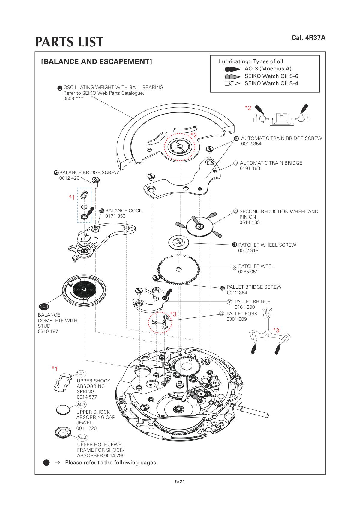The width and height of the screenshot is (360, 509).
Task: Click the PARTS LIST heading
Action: coord(69,42)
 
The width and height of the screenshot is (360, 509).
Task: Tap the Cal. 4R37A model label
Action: coord(308,38)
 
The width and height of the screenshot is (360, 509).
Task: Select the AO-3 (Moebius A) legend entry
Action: coord(268,69)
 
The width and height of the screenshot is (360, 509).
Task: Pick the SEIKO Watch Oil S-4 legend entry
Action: coord(271,83)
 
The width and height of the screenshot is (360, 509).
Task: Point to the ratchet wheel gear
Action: coord(179,269)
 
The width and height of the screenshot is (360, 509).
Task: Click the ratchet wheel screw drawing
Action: coord(178,242)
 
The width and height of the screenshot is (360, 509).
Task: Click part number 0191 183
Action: coord(250,168)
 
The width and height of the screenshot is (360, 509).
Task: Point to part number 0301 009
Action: coord(237,319)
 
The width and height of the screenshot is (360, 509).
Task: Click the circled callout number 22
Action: coord(235,267)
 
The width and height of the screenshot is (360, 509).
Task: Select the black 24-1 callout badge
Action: coord(44,307)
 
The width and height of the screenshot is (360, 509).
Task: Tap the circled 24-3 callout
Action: coord(81,405)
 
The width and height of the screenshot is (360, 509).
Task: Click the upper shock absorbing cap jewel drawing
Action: coord(63,409)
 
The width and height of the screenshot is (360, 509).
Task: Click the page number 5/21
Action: coord(180,482)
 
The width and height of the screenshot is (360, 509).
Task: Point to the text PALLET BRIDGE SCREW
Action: coord(254,287)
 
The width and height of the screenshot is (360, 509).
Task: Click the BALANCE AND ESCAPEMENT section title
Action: coord(97,62)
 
